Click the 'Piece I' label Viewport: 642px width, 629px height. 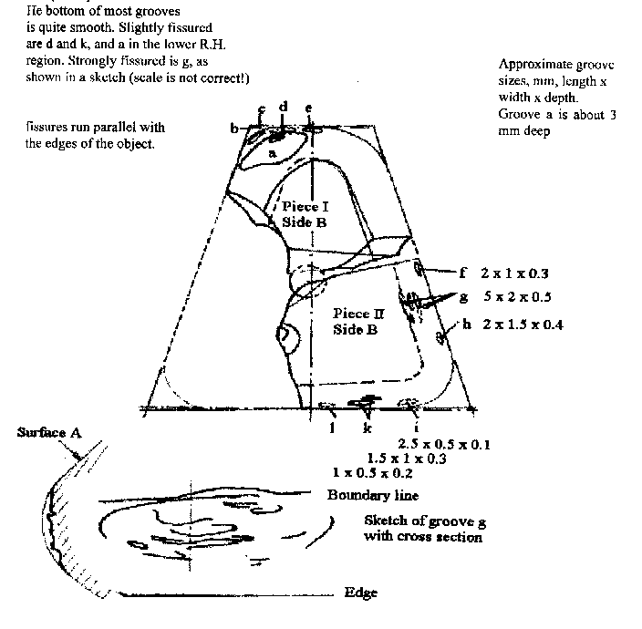(x=306, y=207)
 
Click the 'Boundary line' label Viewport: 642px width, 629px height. (x=373, y=495)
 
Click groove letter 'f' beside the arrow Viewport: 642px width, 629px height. (x=462, y=272)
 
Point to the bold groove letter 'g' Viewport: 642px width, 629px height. (x=462, y=297)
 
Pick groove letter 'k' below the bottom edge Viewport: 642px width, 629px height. (x=368, y=426)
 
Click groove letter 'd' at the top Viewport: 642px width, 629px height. (x=284, y=108)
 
